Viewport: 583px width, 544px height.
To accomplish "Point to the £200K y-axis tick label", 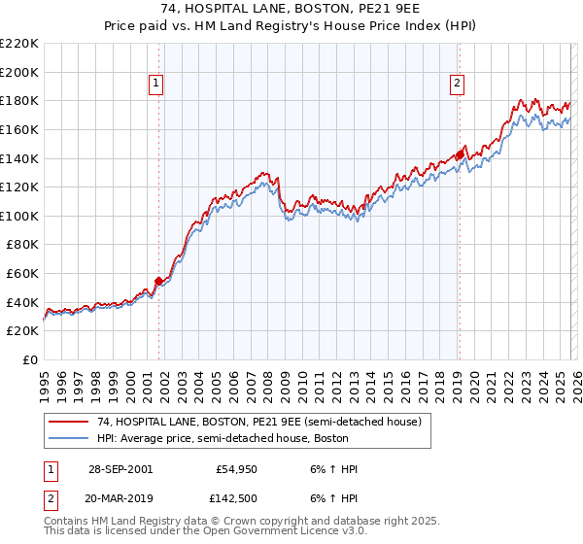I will click(x=19, y=72).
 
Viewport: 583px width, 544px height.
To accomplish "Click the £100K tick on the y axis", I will click(x=19, y=216).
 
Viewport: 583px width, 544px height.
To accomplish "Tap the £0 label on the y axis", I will click(x=29, y=359).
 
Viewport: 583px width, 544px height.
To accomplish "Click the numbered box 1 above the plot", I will click(x=156, y=85).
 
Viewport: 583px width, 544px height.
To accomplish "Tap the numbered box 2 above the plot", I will click(x=456, y=85).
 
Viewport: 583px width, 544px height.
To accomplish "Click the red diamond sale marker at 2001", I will click(x=158, y=281).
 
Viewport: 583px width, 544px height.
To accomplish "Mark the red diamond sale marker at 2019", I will click(x=460, y=154).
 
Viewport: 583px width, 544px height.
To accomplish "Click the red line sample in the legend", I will click(x=68, y=422).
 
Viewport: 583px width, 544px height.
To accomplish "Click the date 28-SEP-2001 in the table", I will click(x=120, y=468).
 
